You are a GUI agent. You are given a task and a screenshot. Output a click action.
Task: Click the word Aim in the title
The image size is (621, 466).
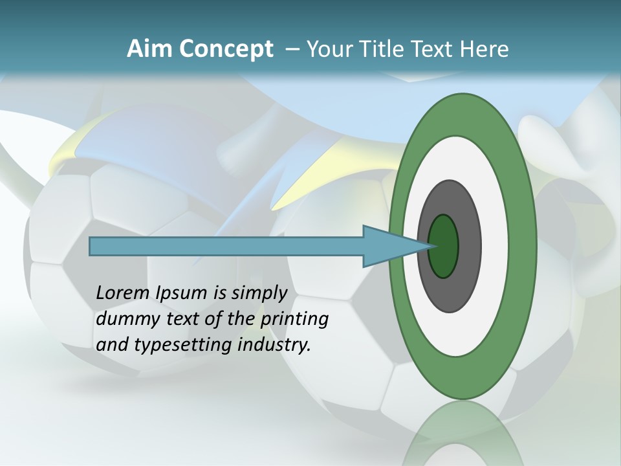[x=149, y=49]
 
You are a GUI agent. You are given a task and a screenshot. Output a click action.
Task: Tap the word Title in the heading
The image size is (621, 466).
[x=384, y=49]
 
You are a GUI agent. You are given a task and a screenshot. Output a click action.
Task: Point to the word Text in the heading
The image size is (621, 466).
[x=435, y=49]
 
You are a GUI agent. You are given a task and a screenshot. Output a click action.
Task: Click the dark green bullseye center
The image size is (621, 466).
[x=443, y=246]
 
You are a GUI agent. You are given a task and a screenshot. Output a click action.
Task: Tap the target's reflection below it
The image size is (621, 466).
[x=463, y=434]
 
